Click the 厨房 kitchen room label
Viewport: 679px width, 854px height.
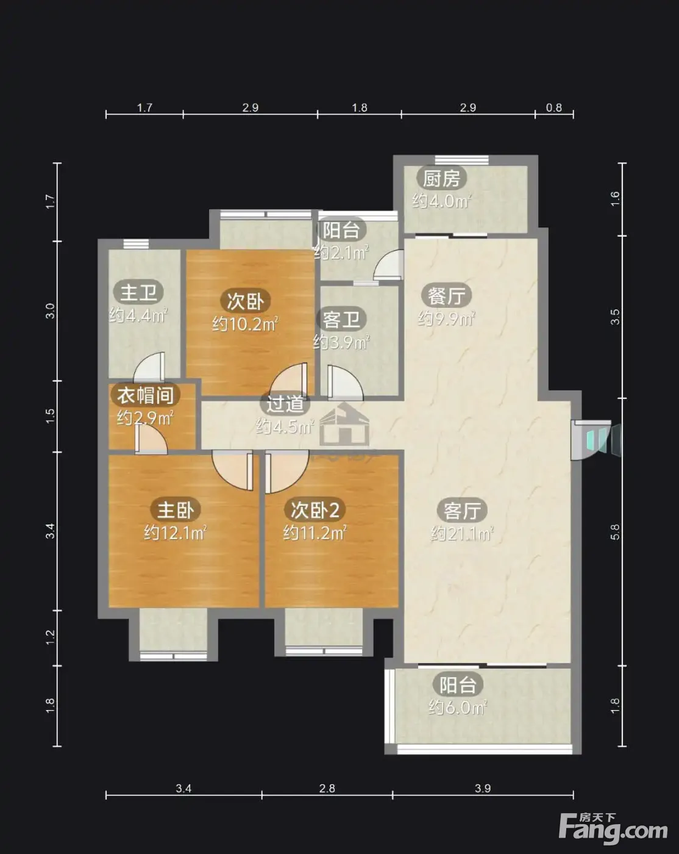pyautogui.click(x=441, y=179)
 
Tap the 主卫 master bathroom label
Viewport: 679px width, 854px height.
pyautogui.click(x=138, y=293)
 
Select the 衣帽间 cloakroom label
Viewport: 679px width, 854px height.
pyautogui.click(x=145, y=395)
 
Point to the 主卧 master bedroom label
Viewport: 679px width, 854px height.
pyautogui.click(x=176, y=509)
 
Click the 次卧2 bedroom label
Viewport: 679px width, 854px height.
pyautogui.click(x=315, y=509)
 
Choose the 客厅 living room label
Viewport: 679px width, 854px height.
pyautogui.click(x=462, y=511)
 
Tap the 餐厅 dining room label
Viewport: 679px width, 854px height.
pyautogui.click(x=446, y=295)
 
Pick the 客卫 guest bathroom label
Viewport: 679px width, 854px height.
pyautogui.click(x=341, y=319)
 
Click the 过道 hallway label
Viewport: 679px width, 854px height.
pyautogui.click(x=285, y=404)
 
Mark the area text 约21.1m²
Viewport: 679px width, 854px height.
pyautogui.click(x=462, y=534)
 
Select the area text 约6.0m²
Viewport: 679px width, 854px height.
pyautogui.click(x=457, y=708)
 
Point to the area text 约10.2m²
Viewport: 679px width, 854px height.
pyautogui.click(x=244, y=324)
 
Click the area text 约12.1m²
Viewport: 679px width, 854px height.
pyautogui.click(x=175, y=533)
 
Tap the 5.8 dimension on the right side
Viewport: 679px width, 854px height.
pyautogui.click(x=615, y=532)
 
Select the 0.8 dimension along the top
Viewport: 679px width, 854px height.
pyautogui.click(x=553, y=107)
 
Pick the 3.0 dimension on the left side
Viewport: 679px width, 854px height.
pyautogui.click(x=50, y=310)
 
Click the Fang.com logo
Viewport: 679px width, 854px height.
pyautogui.click(x=613, y=829)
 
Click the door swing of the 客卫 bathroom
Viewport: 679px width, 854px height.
pyautogui.click(x=344, y=382)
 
